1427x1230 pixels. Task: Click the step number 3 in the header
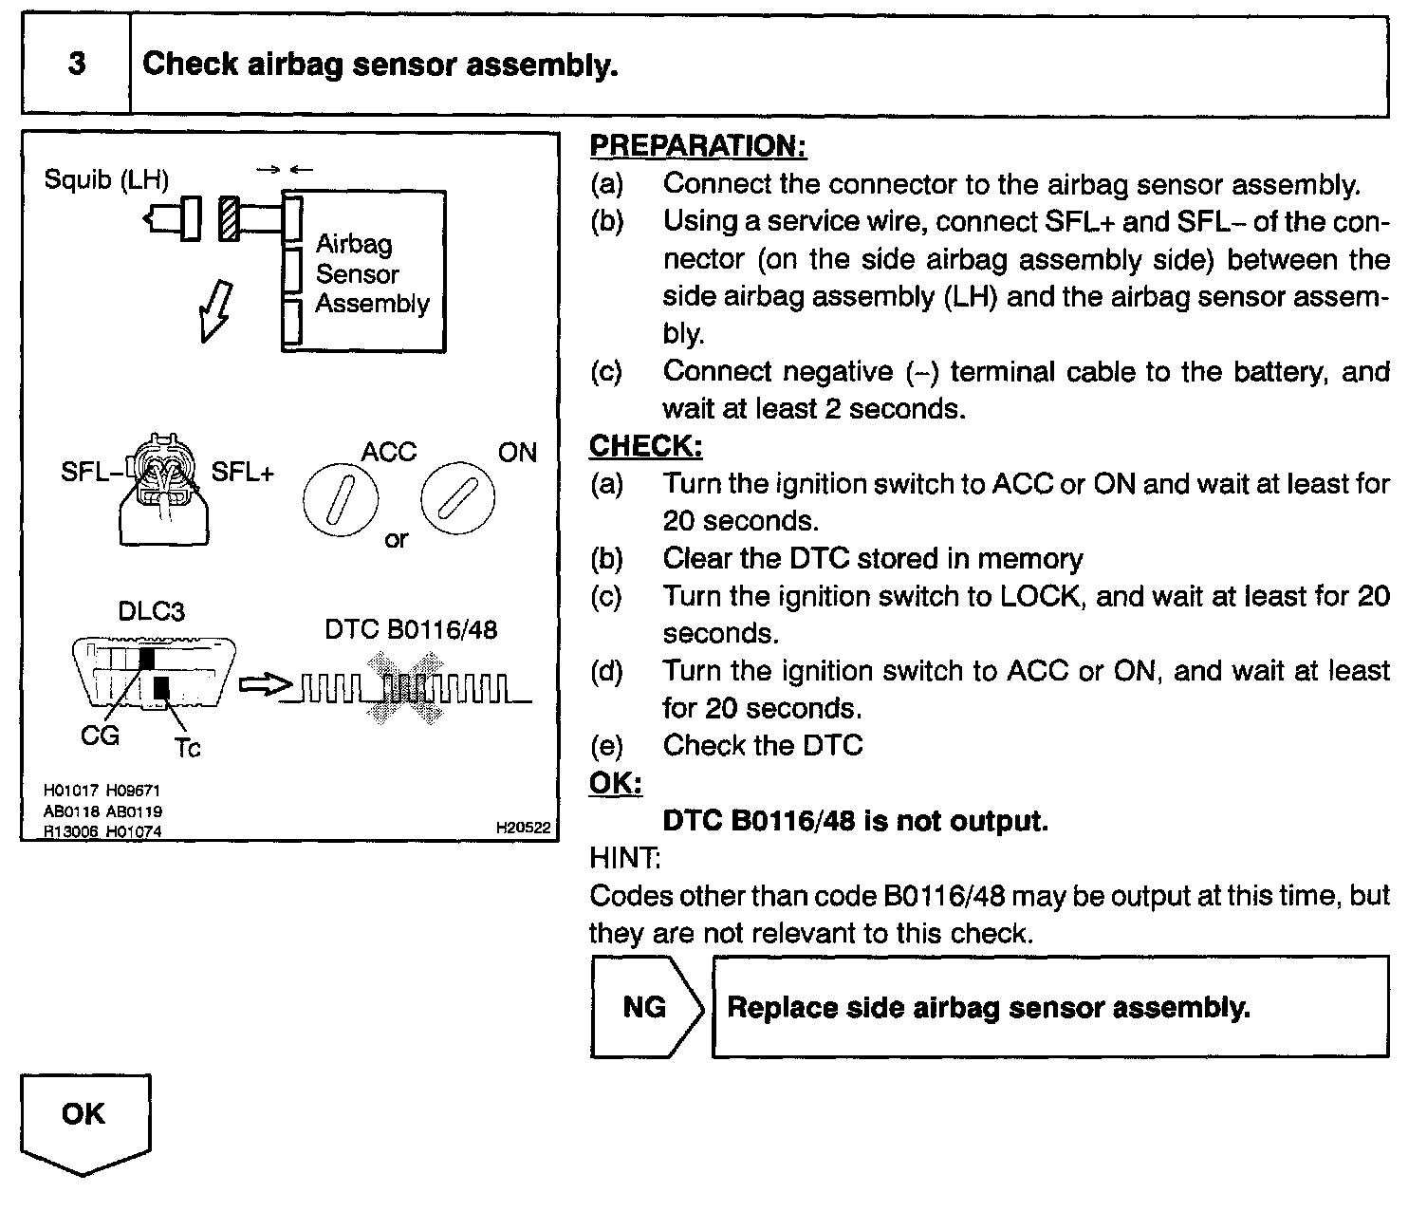coord(77,64)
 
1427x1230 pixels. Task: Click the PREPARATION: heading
coord(697,145)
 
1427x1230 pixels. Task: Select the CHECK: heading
coord(645,446)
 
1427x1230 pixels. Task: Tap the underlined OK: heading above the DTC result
coord(615,783)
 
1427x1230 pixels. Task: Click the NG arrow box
coord(645,1007)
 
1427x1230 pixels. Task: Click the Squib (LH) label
coord(106,178)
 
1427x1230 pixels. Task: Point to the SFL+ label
coord(242,472)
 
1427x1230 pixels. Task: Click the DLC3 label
coord(151,611)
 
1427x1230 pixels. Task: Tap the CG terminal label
coord(100,736)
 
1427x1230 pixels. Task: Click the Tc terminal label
coord(187,748)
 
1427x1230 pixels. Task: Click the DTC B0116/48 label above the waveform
coord(410,629)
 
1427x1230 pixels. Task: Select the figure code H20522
coord(523,828)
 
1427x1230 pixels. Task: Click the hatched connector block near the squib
coord(229,218)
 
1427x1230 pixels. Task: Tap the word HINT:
coord(624,858)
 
